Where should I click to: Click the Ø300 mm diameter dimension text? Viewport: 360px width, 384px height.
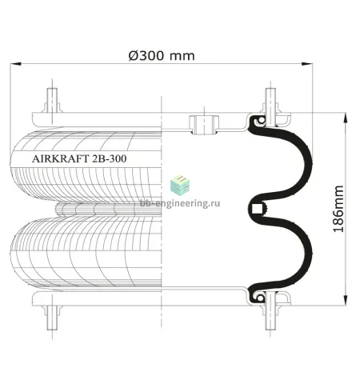[x=162, y=56]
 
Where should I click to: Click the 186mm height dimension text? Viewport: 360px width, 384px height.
[x=338, y=209]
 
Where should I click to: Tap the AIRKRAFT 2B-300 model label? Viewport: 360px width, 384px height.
[x=79, y=158]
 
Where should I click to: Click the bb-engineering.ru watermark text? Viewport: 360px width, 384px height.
[x=180, y=203]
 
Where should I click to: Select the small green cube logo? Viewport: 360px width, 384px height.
[x=180, y=184]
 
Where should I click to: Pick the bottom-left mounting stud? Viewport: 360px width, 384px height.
[x=52, y=318]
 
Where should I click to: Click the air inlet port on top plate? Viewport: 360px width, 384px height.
[x=204, y=125]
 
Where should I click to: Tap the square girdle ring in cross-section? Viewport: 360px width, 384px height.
[x=257, y=208]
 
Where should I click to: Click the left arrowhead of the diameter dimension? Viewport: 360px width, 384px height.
[x=15, y=64]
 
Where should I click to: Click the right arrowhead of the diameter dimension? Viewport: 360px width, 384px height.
[x=307, y=64]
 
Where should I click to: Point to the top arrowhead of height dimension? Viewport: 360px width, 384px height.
[x=346, y=118]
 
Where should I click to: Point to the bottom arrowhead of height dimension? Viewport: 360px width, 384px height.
[x=346, y=300]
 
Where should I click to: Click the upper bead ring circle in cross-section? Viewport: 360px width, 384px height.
[x=262, y=121]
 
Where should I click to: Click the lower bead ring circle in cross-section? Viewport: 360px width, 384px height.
[x=261, y=298]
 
